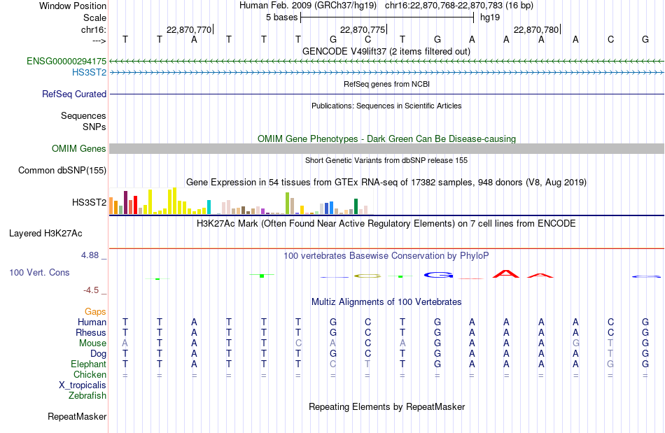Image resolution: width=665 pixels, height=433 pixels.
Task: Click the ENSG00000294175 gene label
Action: click(66, 61)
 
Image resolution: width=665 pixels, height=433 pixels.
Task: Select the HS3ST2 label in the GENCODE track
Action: click(89, 73)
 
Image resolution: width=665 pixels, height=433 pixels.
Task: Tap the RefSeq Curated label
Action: click(74, 94)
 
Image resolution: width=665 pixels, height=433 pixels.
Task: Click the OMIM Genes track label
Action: click(79, 149)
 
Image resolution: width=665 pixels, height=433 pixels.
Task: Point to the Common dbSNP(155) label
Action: click(62, 170)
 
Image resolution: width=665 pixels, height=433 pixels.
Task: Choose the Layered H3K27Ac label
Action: click(45, 234)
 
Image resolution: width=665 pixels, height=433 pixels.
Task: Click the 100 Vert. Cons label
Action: click(39, 272)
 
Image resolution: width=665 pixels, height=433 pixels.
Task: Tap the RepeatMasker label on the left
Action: click(77, 416)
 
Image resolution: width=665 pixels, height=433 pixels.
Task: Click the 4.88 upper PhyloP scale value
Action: click(90, 255)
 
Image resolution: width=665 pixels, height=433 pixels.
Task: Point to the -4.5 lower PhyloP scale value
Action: click(91, 290)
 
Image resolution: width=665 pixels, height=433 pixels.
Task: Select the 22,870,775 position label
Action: click(363, 29)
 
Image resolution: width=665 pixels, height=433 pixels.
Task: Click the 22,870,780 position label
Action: click(536, 29)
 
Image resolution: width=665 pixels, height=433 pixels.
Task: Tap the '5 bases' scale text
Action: click(281, 17)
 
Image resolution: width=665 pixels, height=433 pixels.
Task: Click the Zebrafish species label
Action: click(87, 396)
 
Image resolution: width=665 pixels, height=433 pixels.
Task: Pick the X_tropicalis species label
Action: click(83, 385)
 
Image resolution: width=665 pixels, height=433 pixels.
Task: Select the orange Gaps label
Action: click(95, 312)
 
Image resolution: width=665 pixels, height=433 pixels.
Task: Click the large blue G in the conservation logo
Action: click(438, 276)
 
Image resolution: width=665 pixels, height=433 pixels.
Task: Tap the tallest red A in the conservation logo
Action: click(506, 274)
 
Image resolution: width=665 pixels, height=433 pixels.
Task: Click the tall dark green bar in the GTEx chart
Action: click(356, 206)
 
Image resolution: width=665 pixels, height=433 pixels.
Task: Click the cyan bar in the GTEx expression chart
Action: click(209, 207)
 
